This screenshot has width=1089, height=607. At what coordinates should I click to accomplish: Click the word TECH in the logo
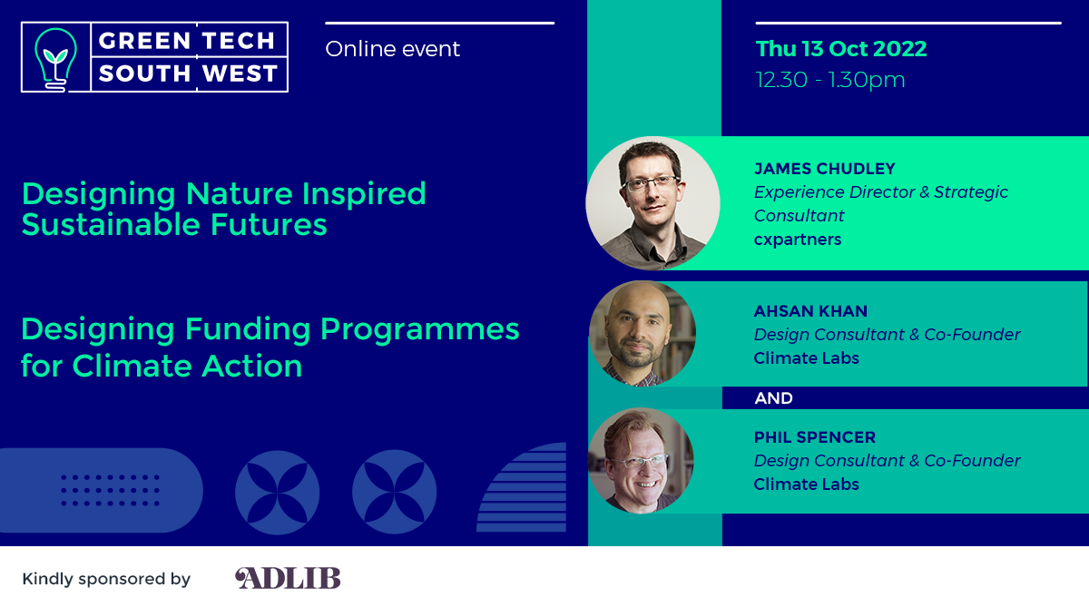[239, 41]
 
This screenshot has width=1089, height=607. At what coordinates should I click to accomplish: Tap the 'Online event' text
[392, 49]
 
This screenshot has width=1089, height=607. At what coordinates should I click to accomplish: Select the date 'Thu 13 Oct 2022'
[841, 49]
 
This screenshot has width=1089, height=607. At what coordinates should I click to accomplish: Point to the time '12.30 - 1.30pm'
[830, 80]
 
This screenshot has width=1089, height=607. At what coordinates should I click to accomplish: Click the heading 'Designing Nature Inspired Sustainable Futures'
[223, 209]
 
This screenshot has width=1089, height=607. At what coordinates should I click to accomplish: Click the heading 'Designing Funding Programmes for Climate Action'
[270, 347]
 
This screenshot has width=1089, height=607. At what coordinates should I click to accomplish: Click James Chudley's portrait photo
[652, 202]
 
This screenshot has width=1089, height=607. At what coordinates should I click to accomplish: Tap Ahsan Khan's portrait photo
[643, 334]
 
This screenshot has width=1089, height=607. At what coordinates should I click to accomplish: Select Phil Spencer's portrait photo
[641, 461]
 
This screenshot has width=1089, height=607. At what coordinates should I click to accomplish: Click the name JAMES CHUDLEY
[825, 169]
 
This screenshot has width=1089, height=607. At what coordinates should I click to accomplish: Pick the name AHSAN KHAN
[810, 311]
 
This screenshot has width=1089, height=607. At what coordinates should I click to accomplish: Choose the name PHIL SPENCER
[815, 437]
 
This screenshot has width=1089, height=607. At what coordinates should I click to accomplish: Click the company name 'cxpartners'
[798, 240]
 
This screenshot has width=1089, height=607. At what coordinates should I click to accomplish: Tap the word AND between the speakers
[773, 398]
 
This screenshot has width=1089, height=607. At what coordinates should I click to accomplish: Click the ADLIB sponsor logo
[288, 578]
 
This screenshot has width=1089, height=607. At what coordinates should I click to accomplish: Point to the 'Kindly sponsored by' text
[106, 579]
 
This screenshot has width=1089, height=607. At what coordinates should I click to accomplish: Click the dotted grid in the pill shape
[111, 490]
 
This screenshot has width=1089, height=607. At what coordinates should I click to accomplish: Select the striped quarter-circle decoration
[521, 487]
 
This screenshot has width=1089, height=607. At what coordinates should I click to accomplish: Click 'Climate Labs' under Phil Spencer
[806, 485]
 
